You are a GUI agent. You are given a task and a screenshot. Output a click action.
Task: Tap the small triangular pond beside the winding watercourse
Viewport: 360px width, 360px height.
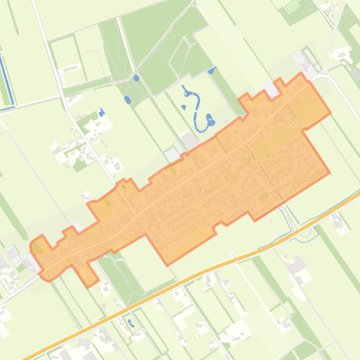click(x=184, y=108)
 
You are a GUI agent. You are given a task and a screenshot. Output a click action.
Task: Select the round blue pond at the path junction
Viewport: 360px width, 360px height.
click(x=136, y=78)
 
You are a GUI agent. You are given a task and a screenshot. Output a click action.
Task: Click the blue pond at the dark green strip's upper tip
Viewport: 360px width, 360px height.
click(x=212, y=71)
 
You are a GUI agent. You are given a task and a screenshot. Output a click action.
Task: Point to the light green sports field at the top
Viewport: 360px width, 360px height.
click(x=292, y=6)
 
